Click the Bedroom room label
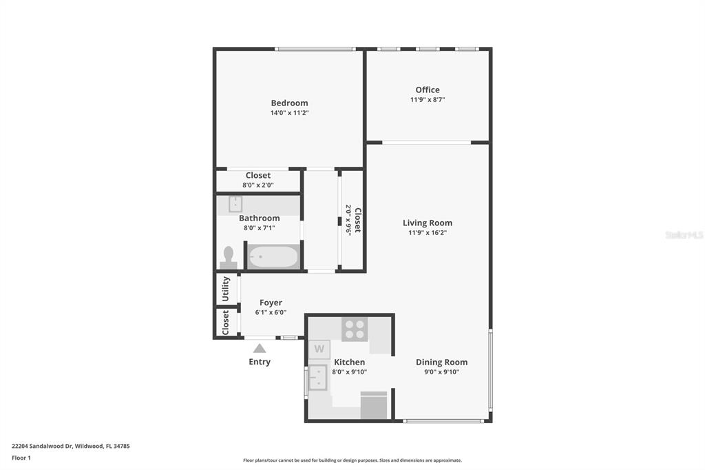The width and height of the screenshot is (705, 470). coord(290,103)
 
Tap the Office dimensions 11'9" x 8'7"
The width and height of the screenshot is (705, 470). coord(428,99)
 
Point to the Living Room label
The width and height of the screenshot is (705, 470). coord(428,223)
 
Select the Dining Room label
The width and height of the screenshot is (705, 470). coord(441,362)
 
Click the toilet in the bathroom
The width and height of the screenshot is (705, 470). coord(229,258)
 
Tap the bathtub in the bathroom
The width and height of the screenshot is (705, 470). coord(273,256)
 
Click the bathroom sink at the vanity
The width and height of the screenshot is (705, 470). coord(235,204)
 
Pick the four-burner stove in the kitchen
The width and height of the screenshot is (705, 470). coord(355,329)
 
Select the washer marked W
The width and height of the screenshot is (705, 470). coord(319,349)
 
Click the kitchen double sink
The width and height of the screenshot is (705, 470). coord(317,377)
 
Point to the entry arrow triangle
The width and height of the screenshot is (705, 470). coord(260,348)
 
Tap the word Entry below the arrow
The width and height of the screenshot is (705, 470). coord(260,362)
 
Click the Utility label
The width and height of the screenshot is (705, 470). coord(226,289)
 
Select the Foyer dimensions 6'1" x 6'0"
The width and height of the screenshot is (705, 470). coord(271,312)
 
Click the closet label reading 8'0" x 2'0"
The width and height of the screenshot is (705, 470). coord(258,185)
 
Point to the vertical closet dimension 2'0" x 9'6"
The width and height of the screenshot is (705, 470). coord(348,220)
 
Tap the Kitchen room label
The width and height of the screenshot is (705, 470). coord(349,362)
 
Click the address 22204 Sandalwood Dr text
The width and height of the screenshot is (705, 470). coord(42,446)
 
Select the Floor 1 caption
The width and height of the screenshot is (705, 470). coord(21,458)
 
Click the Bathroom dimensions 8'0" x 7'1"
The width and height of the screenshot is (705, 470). coord(260,228)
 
